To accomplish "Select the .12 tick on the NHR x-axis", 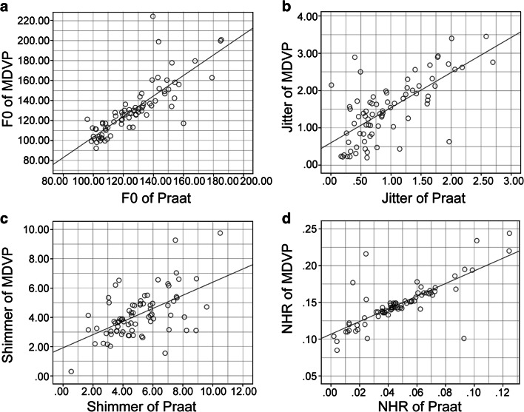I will [505, 388].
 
